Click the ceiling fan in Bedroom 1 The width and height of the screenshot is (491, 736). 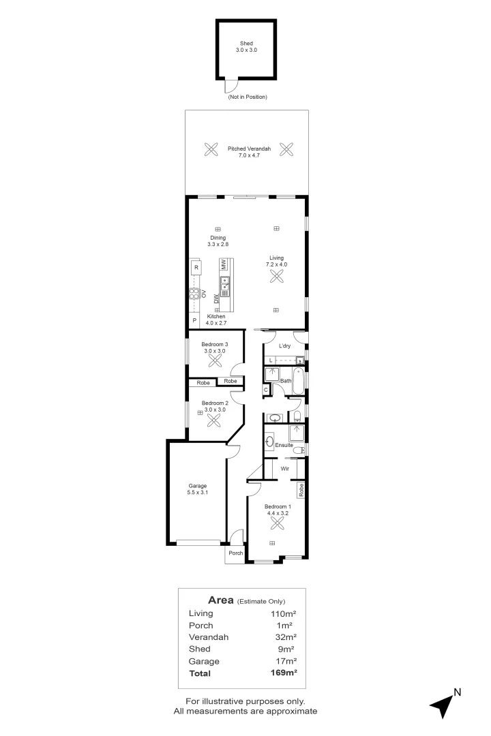pos(278,523)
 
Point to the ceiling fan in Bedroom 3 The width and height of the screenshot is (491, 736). pos(215,362)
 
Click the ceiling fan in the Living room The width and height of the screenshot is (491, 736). pos(277,275)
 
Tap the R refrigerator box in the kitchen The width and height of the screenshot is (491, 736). pos(196,268)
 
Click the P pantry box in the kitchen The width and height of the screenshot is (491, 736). pos(194,320)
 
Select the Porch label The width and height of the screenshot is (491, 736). pos(235,553)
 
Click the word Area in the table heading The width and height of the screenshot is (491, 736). pos(221,600)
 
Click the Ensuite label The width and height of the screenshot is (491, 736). pos(284,445)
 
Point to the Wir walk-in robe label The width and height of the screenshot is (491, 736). pos(286,469)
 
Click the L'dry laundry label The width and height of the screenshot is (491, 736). pos(284,346)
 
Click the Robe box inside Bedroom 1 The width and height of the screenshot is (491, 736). pos(300,489)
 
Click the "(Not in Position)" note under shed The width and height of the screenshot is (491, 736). pos(247,97)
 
